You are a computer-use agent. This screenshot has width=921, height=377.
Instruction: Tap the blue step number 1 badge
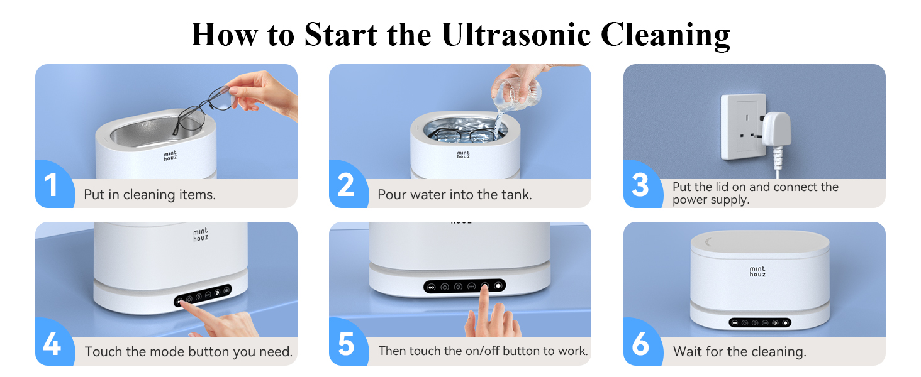click(51, 185)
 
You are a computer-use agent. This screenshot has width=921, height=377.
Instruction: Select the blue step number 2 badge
click(345, 185)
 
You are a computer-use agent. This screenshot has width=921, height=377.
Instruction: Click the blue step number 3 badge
click(640, 185)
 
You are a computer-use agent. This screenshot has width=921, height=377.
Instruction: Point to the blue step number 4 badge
click(52, 344)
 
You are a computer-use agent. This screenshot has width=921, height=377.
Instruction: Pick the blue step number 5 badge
click(346, 344)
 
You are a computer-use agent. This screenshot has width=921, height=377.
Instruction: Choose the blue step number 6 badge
click(640, 344)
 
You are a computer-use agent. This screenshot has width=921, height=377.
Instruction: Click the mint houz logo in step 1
click(170, 155)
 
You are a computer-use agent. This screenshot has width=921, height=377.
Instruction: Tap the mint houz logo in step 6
click(757, 271)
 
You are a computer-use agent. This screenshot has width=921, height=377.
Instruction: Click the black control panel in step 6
click(760, 323)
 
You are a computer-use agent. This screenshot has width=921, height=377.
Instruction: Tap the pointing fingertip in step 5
click(485, 290)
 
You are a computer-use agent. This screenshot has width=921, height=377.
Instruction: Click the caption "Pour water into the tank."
click(454, 195)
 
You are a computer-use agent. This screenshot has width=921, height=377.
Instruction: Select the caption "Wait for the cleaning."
click(739, 352)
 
